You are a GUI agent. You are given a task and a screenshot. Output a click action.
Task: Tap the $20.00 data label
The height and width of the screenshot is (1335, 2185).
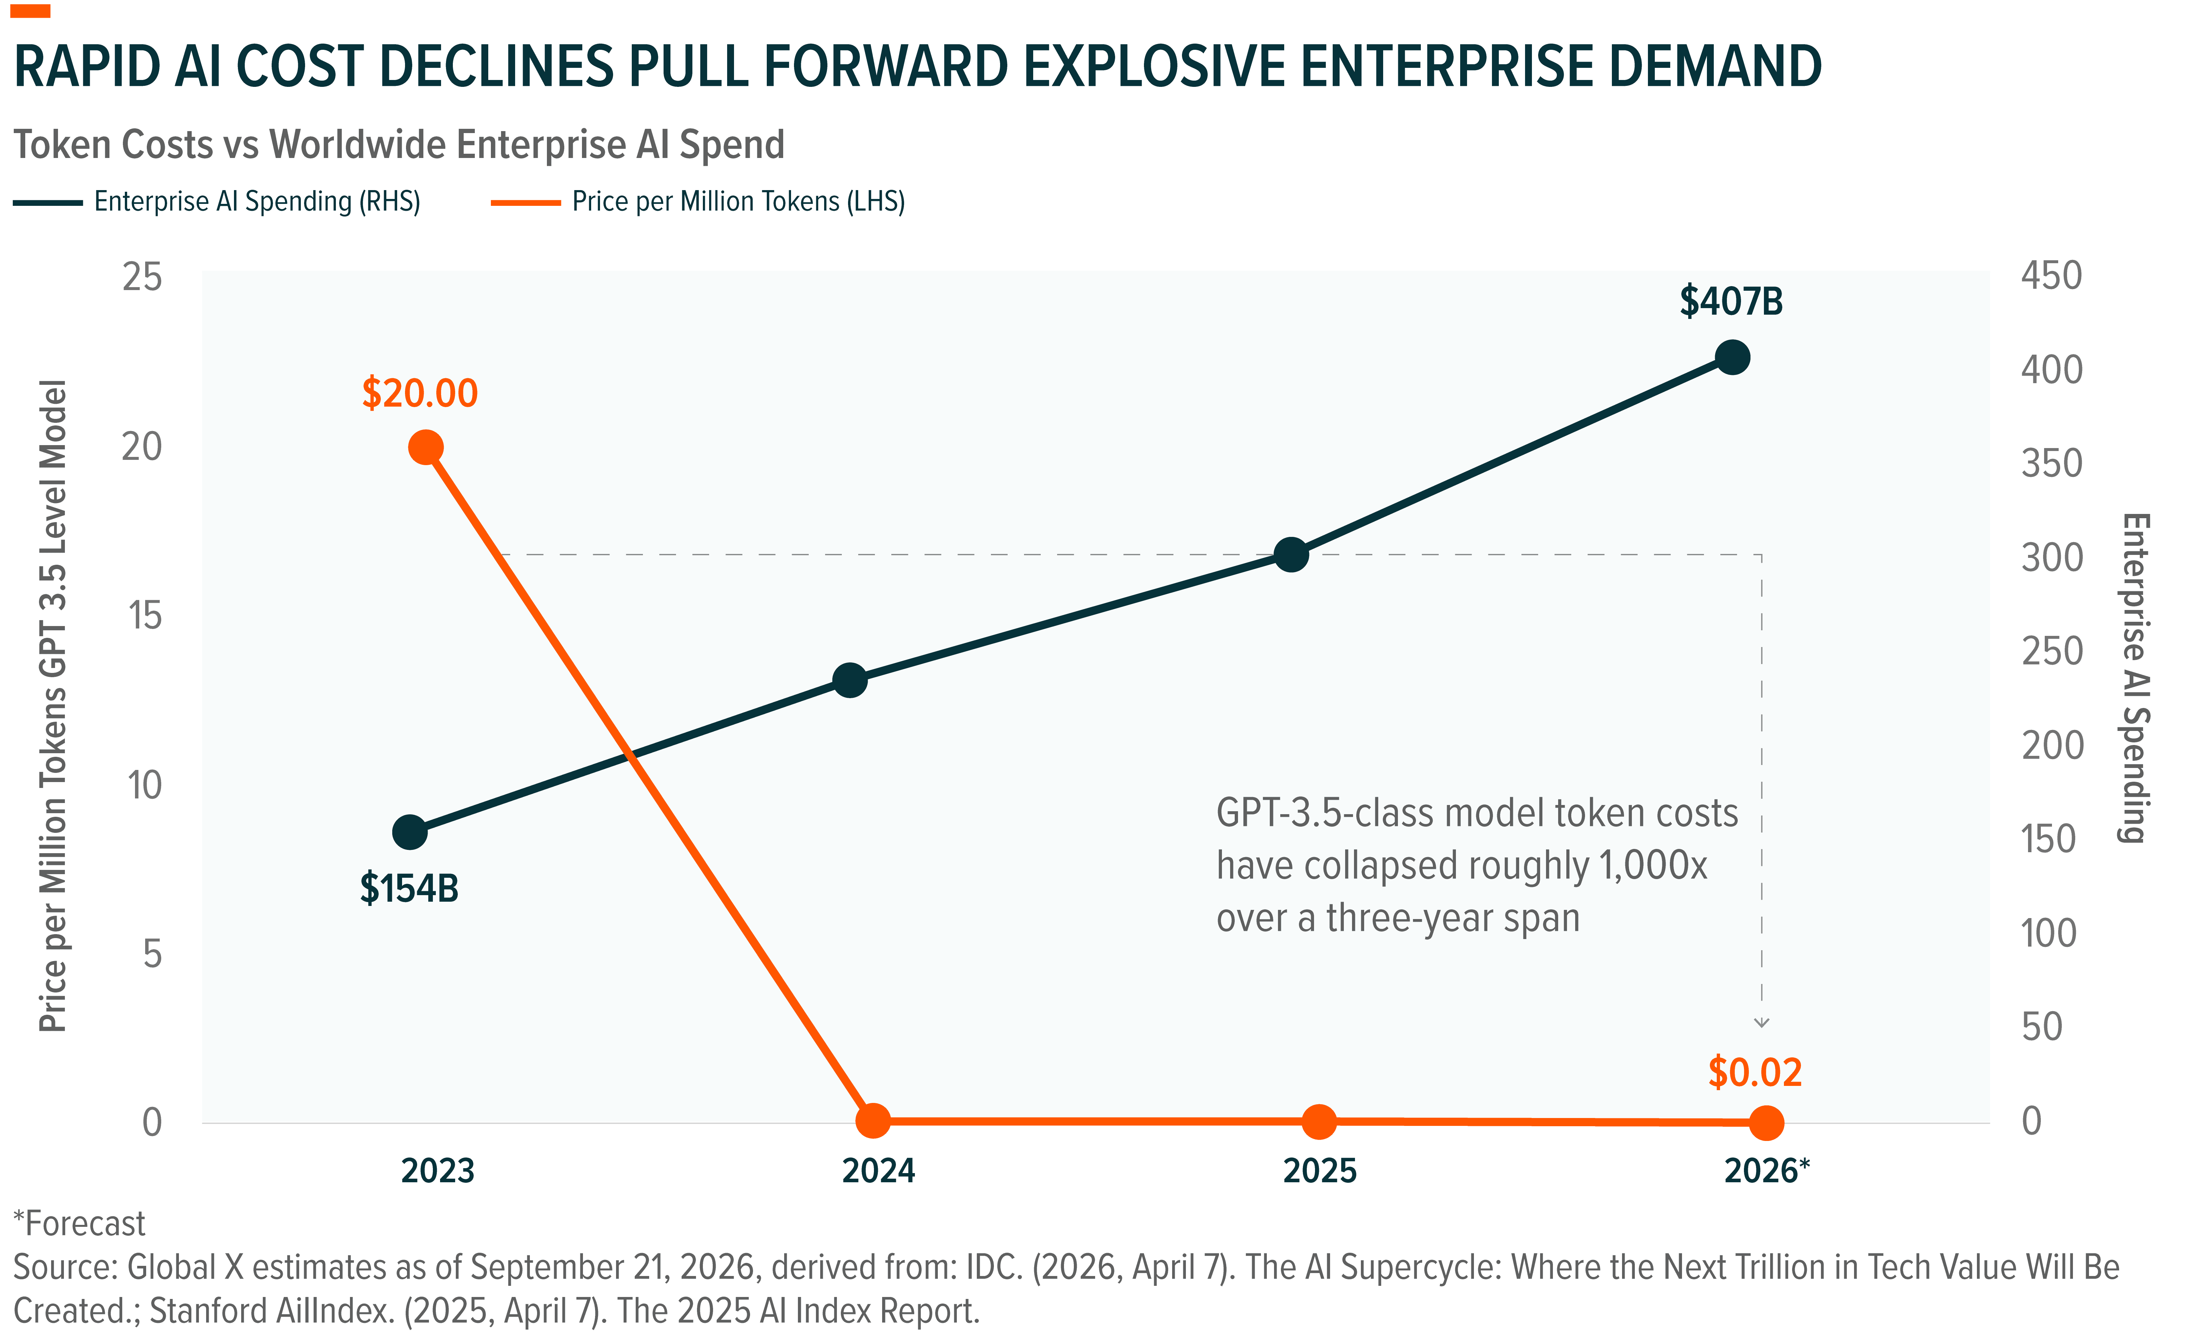pyautogui.click(x=419, y=393)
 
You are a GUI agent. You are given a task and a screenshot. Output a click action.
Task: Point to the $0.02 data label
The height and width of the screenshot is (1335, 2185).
pyautogui.click(x=1755, y=1072)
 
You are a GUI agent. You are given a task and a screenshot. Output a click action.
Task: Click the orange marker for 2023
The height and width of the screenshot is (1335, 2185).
pyautogui.click(x=426, y=447)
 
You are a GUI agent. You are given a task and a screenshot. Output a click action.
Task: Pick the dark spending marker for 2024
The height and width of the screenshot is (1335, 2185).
pyautogui.click(x=850, y=680)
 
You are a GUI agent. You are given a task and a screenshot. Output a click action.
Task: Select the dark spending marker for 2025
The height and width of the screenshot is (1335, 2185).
pyautogui.click(x=1291, y=554)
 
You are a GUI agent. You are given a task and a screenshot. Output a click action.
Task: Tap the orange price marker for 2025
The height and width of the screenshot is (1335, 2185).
pyautogui.click(x=1320, y=1121)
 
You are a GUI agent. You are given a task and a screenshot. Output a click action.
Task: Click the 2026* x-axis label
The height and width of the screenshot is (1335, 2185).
pyautogui.click(x=1767, y=1171)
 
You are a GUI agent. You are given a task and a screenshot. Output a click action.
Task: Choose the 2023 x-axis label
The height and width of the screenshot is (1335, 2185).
pyautogui.click(x=438, y=1171)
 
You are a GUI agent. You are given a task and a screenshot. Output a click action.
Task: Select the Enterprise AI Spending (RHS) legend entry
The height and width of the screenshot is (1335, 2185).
pyautogui.click(x=217, y=201)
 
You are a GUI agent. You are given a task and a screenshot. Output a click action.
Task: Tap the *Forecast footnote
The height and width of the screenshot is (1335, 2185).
pyautogui.click(x=79, y=1224)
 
